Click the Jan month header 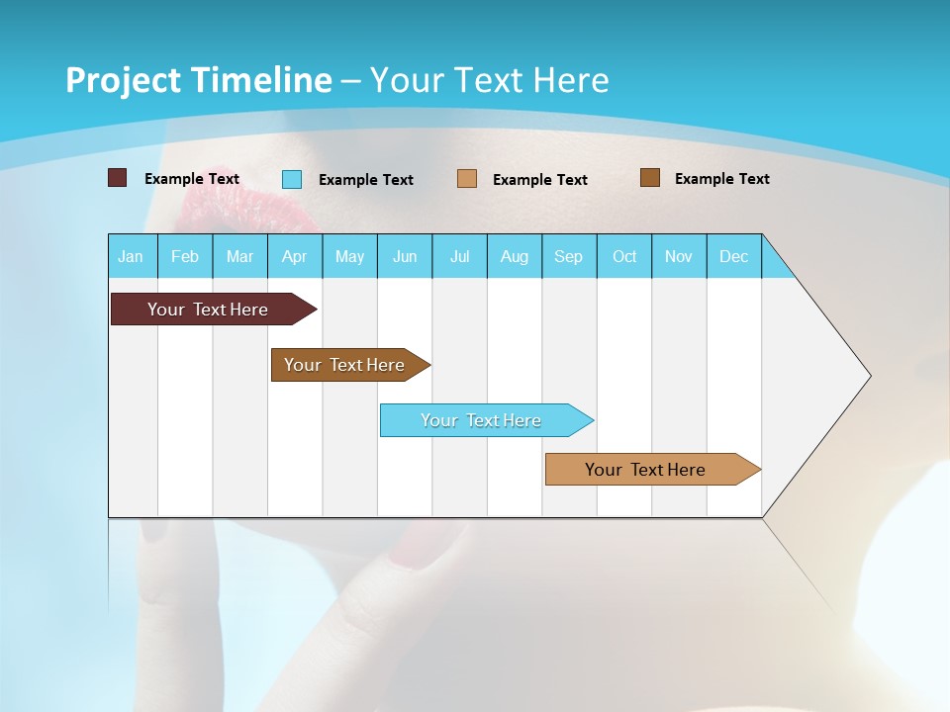click(131, 257)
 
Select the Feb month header click(185, 257)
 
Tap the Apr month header click(294, 257)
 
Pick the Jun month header click(405, 257)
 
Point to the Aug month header click(515, 257)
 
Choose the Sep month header click(568, 257)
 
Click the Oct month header click(624, 257)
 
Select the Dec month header click(733, 257)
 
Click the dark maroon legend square click(118, 178)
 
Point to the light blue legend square click(292, 179)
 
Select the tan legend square click(467, 179)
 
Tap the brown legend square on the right click(650, 178)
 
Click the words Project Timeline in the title click(198, 80)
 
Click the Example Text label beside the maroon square click(192, 179)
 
